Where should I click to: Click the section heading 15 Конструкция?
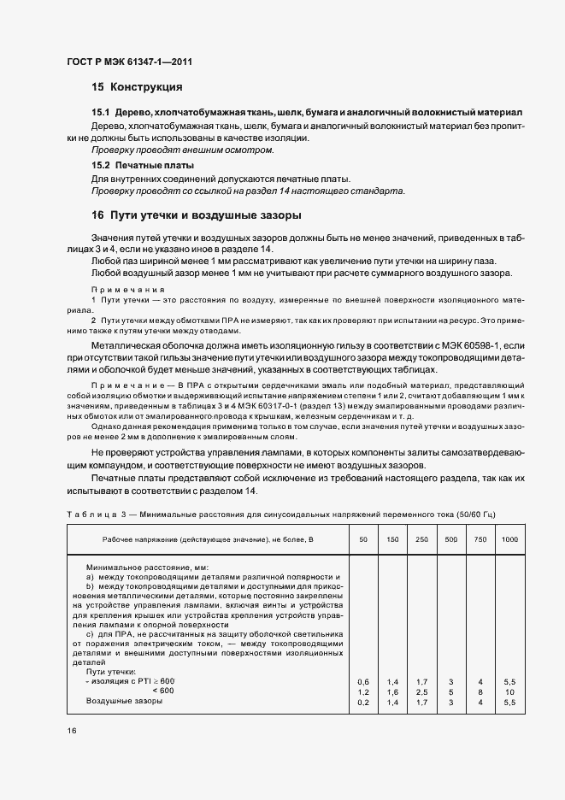136,87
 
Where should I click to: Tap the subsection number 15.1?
101,113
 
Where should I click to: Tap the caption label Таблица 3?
94,514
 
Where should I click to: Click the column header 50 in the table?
362,540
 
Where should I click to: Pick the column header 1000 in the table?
509,540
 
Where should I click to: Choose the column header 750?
480,540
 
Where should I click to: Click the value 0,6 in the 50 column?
362,681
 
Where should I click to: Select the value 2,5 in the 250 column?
421,691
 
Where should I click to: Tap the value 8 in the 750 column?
480,691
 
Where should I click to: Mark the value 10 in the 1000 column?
509,691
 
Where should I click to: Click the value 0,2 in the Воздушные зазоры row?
362,701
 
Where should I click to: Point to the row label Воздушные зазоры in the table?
124,701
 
